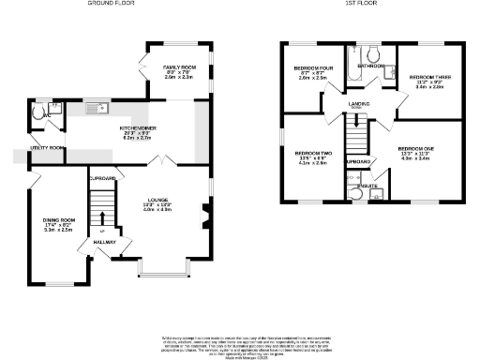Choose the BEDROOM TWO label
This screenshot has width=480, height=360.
click(312, 154)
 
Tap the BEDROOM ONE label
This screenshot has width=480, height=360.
click(415, 149)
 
